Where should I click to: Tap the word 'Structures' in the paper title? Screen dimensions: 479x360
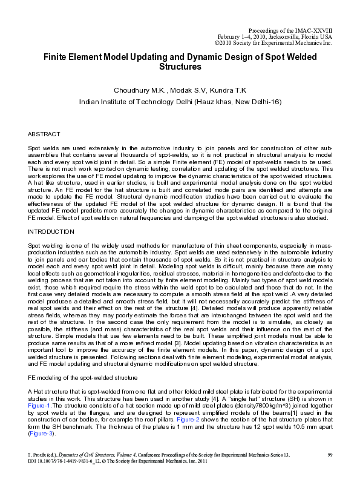pos(180,66)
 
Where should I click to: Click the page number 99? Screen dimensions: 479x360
pos(330,454)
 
